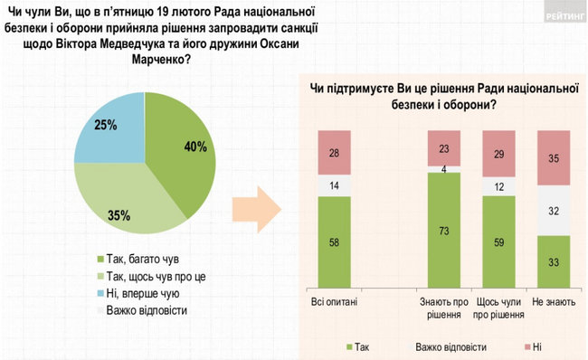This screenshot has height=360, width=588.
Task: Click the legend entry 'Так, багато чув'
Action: coord(133,255)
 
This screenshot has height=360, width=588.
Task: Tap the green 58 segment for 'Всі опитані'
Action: coord(334,242)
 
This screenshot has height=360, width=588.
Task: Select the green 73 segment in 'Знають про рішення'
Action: coord(443,232)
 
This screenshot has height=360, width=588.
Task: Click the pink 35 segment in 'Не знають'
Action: coord(554,158)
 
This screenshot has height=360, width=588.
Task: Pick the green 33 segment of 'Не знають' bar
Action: coord(554,262)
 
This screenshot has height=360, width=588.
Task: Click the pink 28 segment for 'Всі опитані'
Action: coord(334,153)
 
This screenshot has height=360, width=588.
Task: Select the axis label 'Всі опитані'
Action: coord(334,300)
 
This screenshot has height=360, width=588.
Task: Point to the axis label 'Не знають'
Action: coord(554,300)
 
